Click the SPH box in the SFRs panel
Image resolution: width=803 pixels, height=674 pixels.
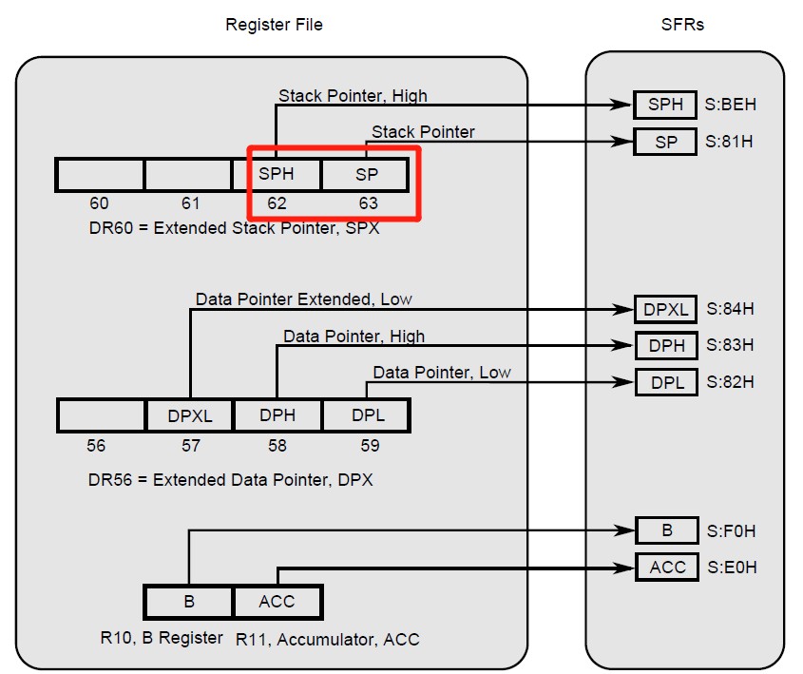click(x=665, y=105)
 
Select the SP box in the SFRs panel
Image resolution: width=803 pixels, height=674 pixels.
click(x=665, y=143)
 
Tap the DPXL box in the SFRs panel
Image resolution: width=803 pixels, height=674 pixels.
click(x=666, y=309)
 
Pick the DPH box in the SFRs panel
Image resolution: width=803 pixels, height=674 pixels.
click(x=666, y=345)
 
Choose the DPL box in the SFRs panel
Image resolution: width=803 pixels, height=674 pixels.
click(x=666, y=382)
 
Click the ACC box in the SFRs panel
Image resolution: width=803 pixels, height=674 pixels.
click(x=667, y=568)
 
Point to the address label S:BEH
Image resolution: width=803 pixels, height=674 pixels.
click(x=731, y=105)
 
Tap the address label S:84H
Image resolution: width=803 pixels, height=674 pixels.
click(x=731, y=309)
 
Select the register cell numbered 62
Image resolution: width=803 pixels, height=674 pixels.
click(x=277, y=175)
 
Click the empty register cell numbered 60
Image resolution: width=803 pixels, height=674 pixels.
click(x=100, y=175)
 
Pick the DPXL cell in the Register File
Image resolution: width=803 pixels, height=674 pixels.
click(x=189, y=415)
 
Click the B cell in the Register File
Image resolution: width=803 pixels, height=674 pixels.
click(x=188, y=602)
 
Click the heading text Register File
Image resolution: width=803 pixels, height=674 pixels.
click(x=274, y=25)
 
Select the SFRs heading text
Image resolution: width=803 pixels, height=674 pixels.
click(x=682, y=25)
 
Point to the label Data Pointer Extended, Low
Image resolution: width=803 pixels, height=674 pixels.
click(x=304, y=299)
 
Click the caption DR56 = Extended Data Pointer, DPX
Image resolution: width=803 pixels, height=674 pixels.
click(x=231, y=480)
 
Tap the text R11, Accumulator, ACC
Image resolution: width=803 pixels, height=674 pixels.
click(x=328, y=639)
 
